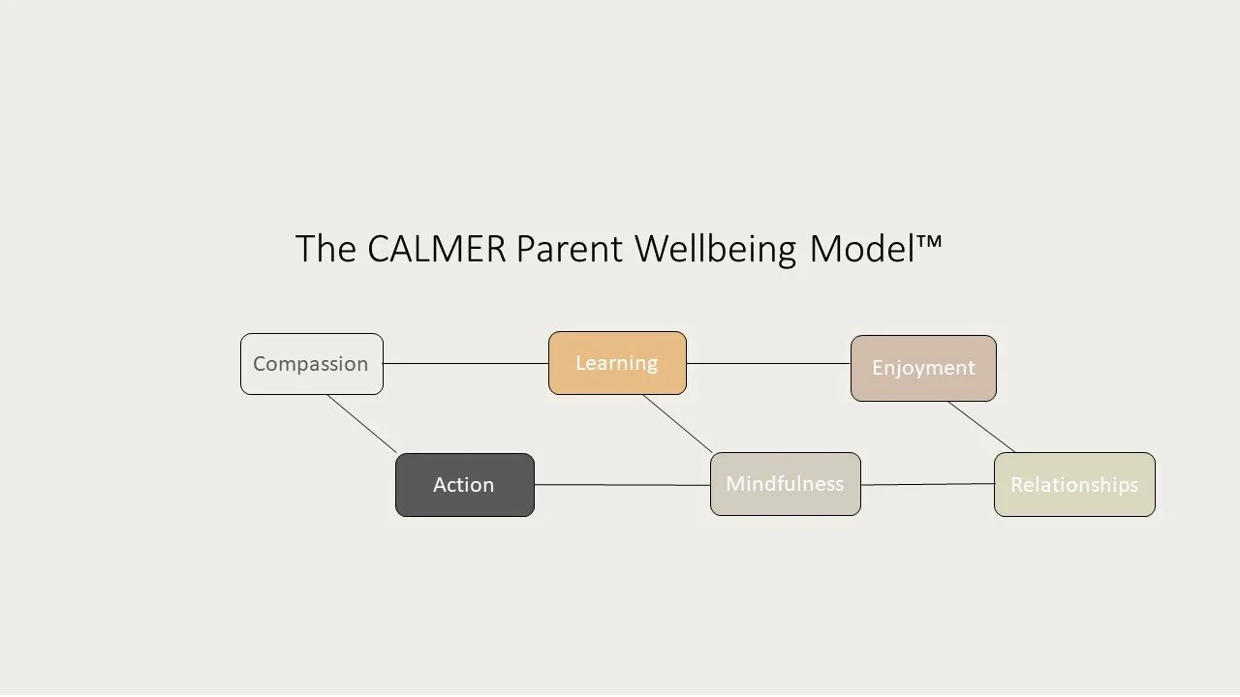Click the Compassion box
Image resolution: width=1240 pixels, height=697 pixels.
311,364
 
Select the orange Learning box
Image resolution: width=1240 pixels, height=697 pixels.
617,363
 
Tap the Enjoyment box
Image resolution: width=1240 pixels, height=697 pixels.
923,368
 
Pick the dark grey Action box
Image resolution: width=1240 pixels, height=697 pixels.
464,485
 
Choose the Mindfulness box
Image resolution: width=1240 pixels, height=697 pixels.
785,484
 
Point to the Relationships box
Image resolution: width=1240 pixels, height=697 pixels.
1074,484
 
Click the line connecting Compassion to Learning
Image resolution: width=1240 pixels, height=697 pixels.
465,364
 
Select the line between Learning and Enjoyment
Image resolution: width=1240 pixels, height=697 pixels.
768,364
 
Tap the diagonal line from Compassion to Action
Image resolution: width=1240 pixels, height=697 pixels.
362,424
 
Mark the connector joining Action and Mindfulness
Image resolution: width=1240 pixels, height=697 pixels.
622,485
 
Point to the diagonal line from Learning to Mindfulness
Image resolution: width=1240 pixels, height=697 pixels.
677,424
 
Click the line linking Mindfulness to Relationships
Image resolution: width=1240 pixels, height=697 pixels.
927,485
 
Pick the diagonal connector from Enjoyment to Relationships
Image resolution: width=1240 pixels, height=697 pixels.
981,427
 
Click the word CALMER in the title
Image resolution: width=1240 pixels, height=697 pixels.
436,249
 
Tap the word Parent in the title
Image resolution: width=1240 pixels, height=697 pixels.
570,249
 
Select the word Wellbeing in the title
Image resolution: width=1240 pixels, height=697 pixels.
716,249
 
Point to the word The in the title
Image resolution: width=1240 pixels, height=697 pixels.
325,249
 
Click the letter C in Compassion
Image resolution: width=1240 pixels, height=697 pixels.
260,365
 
